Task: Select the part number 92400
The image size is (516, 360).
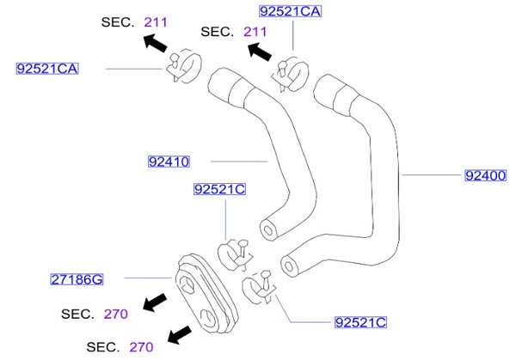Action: (487, 175)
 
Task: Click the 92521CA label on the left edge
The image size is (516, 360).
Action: (46, 67)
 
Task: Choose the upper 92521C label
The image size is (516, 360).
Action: (220, 188)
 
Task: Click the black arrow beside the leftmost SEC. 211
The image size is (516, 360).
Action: (156, 44)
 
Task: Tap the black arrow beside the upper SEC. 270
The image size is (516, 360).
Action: (156, 302)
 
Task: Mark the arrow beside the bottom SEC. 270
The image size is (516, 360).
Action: (180, 334)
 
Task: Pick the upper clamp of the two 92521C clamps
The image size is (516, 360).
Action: (234, 253)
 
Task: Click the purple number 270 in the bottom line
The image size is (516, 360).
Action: (139, 347)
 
